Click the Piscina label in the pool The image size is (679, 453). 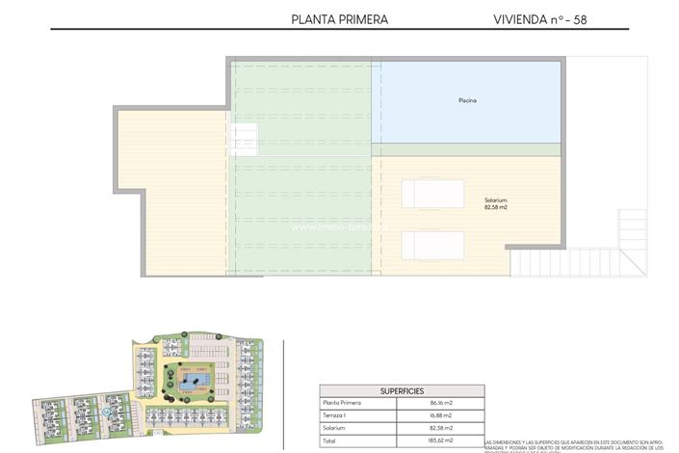468,100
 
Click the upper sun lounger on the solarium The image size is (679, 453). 433,194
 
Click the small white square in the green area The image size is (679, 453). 244,140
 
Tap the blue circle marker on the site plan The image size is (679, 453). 106,413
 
